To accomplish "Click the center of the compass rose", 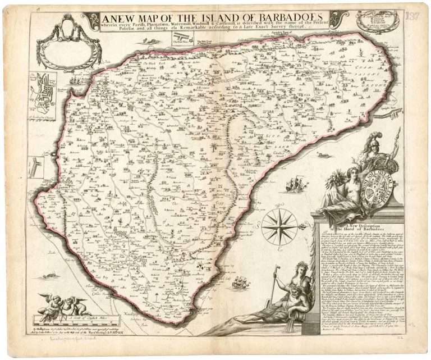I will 279,226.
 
